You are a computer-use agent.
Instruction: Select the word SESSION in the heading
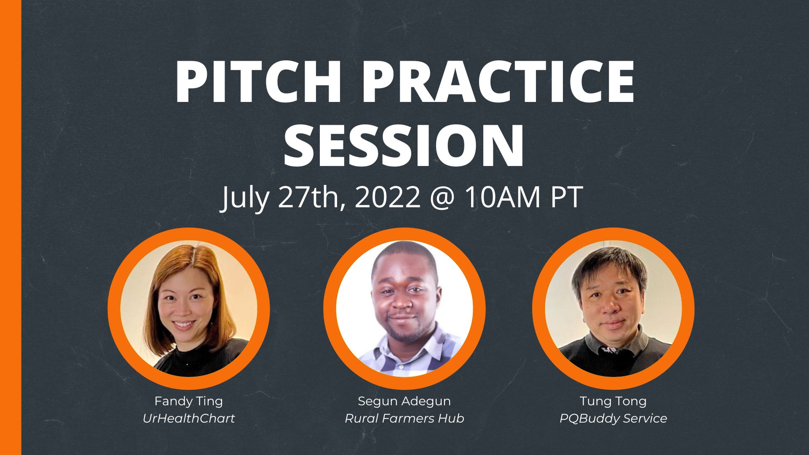tap(404, 145)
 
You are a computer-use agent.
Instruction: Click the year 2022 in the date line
tap(388, 197)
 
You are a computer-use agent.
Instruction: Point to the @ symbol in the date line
tap(442, 197)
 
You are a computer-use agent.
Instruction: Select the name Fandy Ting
tap(188, 401)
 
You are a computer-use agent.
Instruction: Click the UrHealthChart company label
tap(188, 418)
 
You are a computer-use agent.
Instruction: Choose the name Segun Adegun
tap(404, 401)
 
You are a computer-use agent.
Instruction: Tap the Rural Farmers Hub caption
tap(404, 418)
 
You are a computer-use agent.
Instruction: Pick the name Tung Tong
tap(613, 401)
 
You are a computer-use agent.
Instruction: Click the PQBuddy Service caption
tap(613, 418)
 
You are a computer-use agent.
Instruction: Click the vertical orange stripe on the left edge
tap(11, 227)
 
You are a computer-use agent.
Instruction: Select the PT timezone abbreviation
tap(567, 197)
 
